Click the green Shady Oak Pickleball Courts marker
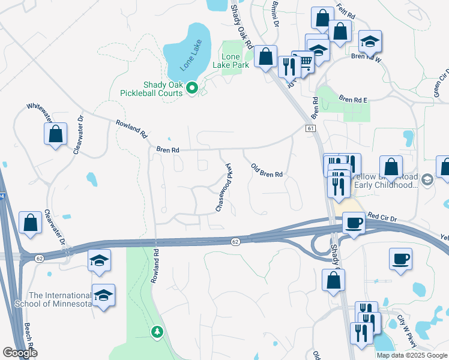(192, 88)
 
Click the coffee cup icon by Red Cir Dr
(354, 223)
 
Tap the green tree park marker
(157, 331)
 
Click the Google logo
(20, 353)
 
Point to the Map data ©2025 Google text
(411, 355)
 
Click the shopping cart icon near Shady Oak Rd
(306, 61)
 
